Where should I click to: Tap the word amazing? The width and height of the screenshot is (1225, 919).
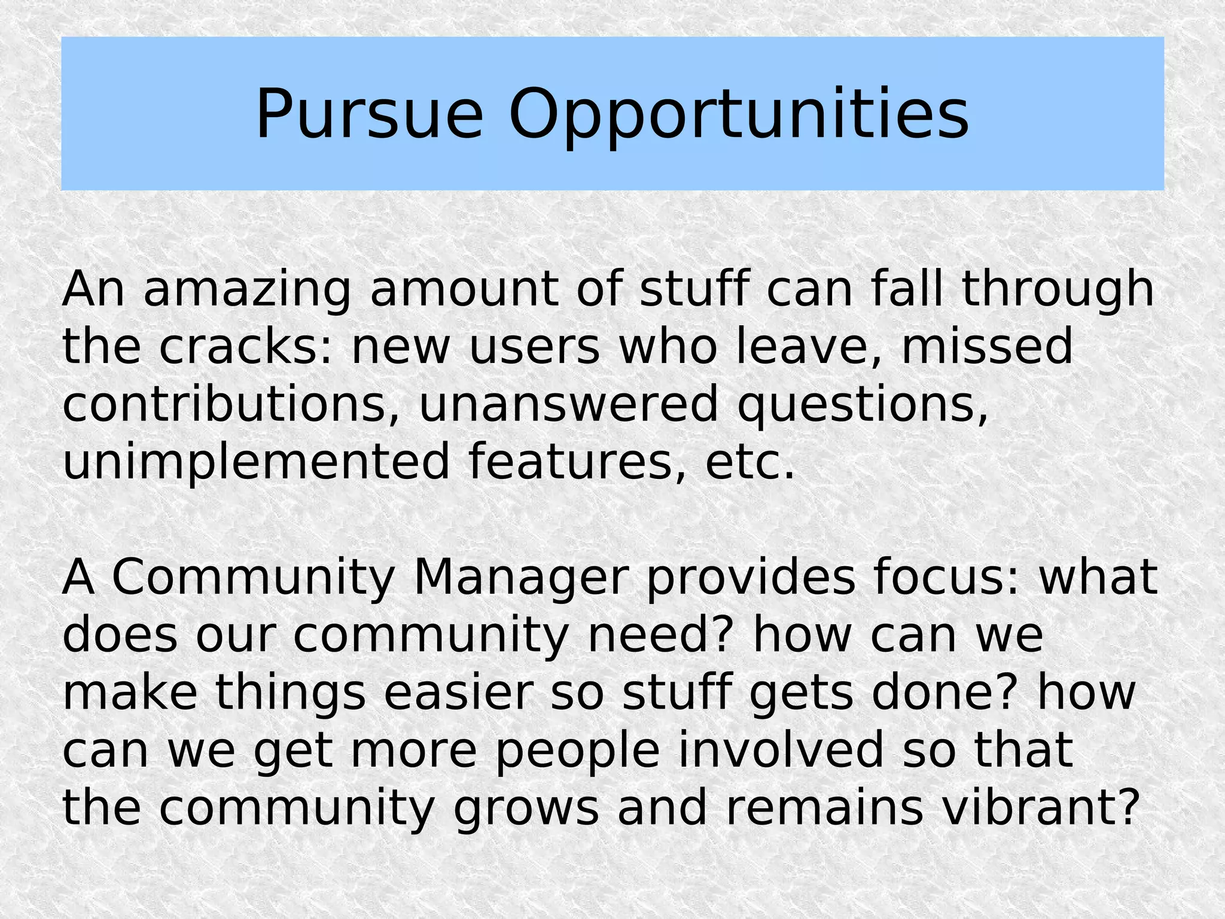coord(246,289)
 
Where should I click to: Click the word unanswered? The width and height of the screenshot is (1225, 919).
coord(568,404)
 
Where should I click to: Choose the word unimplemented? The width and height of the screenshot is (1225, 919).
coord(255,462)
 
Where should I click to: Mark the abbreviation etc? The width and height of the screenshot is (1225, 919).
coord(750,462)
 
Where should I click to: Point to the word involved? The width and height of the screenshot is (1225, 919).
coord(781,750)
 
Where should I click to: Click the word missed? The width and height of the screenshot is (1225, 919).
coord(987,347)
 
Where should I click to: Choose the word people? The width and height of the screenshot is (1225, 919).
coord(577,750)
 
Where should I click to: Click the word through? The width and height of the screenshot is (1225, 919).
coord(1058,289)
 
